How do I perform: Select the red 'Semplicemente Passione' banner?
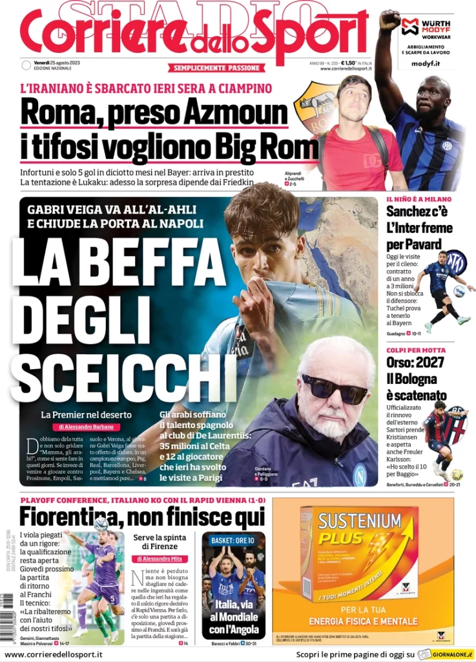click(217, 68)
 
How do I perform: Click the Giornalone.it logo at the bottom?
click(453, 654)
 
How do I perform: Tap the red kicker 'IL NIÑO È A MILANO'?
click(419, 199)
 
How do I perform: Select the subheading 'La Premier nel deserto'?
click(86, 414)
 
